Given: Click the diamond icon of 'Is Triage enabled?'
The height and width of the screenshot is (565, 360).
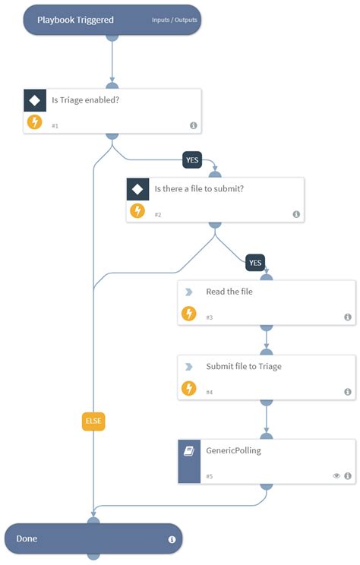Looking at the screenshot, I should point(34,100).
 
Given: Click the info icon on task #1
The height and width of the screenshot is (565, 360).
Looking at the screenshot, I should point(193,125).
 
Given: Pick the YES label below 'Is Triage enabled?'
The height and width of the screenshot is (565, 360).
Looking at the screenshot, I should point(192,160).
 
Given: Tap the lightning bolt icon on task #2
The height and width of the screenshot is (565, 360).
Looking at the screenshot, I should point(137,210).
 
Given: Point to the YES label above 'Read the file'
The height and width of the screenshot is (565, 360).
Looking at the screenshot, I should point(255,263).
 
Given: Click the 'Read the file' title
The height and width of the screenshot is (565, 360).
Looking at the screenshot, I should point(229,292).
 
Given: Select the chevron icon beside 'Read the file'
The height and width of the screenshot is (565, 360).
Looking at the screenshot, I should point(188,292).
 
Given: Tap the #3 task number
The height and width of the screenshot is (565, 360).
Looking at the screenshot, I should point(210,317).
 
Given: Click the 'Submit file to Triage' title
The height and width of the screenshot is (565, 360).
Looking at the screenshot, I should point(244,367).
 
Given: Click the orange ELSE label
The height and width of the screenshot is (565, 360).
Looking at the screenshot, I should point(93,422).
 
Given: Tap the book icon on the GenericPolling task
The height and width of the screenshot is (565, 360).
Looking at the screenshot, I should point(189,450).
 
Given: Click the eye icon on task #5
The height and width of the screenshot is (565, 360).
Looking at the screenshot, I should point(336,476).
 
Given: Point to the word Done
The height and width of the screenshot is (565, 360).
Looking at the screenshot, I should point(27,538).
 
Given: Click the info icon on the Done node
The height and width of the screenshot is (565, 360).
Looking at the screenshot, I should point(172,539).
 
